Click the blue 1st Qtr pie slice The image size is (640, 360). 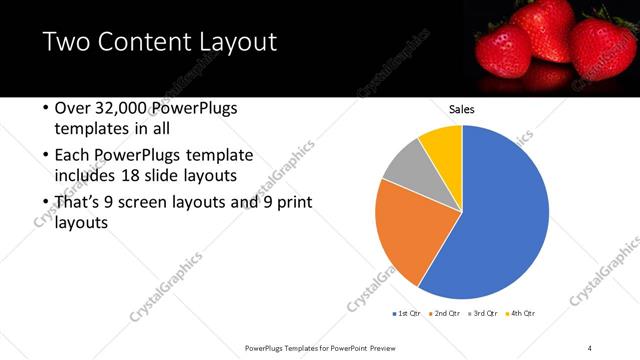(505, 215)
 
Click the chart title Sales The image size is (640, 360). (461, 109)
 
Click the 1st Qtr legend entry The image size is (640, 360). (408, 314)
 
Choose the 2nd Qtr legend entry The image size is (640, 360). (446, 314)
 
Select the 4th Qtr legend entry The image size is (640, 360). (521, 314)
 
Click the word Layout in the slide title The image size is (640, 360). (236, 42)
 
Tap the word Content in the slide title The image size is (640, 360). (141, 42)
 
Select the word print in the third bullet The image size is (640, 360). (292, 203)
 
